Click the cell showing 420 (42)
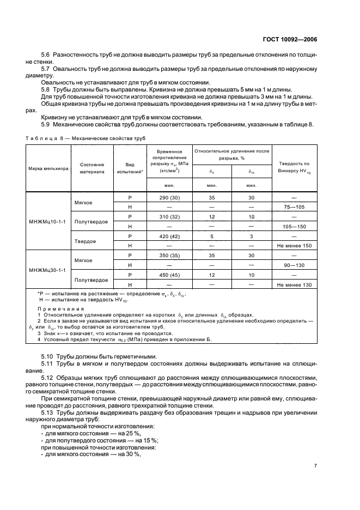click(x=168, y=236)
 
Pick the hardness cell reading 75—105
click(x=294, y=207)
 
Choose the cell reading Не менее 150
click(x=294, y=246)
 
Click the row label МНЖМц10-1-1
click(x=47, y=222)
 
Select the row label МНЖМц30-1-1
click(x=47, y=270)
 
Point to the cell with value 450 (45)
click(x=168, y=275)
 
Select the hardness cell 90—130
click(x=294, y=265)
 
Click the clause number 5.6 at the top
click(x=46, y=56)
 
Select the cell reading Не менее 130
click(x=294, y=284)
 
